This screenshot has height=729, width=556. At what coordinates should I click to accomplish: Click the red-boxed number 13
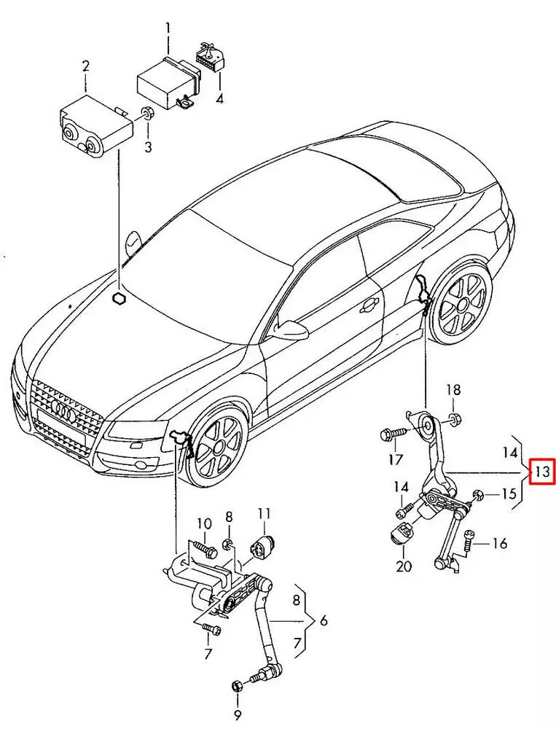(x=541, y=472)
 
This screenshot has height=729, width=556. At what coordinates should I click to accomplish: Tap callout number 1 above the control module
(x=168, y=30)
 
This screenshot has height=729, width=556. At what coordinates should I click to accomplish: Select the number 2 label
(x=85, y=67)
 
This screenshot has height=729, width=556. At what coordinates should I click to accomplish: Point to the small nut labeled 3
(x=148, y=114)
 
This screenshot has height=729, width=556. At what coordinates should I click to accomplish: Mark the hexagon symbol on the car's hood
(x=119, y=298)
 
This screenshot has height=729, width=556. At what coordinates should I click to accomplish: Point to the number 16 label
(x=499, y=543)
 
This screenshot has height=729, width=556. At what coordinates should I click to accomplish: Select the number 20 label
(x=404, y=566)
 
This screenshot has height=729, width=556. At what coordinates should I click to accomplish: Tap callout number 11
(x=263, y=513)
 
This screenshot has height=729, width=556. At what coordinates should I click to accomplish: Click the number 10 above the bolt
(x=204, y=523)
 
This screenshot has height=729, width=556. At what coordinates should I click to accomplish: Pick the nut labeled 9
(x=238, y=686)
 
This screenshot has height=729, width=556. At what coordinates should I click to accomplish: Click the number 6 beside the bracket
(x=323, y=621)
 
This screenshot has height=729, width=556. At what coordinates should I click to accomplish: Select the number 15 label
(x=509, y=494)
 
